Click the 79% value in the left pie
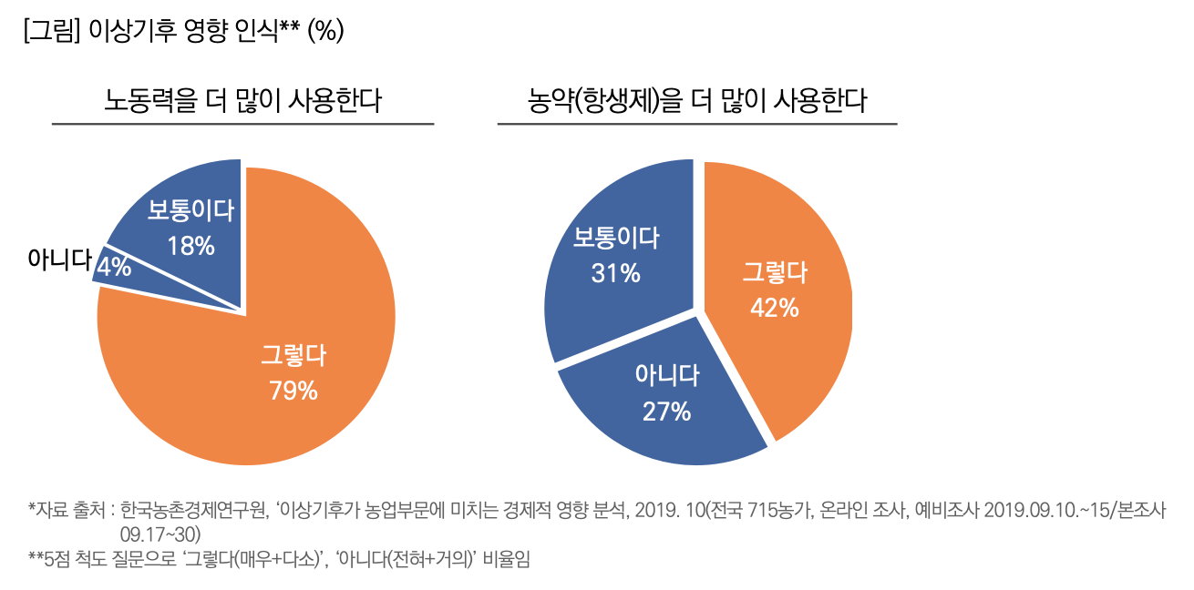(293, 391)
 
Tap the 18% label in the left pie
(190, 245)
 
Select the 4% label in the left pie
(115, 267)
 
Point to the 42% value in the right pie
(774, 308)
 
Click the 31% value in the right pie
(615, 272)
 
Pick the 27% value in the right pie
(666, 412)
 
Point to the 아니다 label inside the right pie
(666, 375)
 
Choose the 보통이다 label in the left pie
(190, 211)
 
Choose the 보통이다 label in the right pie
(615, 238)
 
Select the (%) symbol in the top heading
(325, 30)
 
